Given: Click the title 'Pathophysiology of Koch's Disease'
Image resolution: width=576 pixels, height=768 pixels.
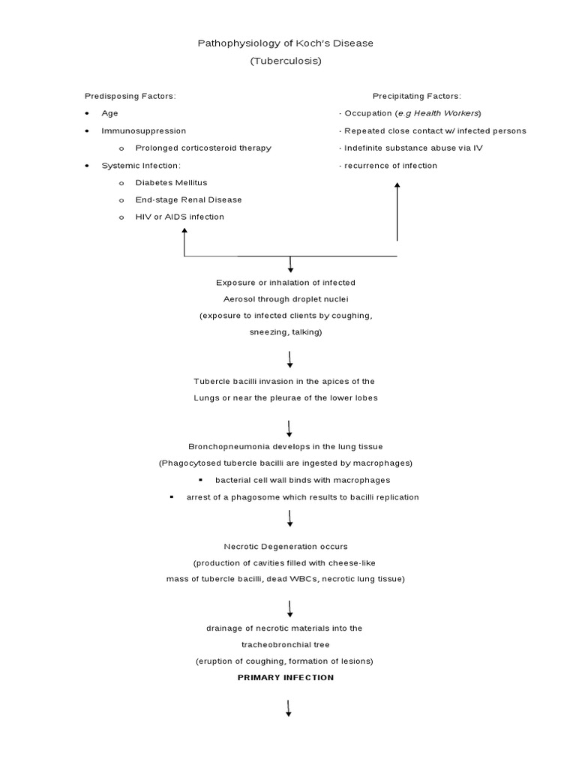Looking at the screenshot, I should pos(285,43).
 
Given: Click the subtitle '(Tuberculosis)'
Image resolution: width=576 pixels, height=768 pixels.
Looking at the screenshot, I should pos(286,61).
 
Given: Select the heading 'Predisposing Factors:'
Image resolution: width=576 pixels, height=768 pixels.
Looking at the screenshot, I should pos(130,96).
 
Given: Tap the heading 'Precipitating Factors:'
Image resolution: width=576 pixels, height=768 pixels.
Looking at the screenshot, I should pos(417,96).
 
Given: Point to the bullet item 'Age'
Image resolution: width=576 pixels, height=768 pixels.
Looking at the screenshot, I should pos(110,113).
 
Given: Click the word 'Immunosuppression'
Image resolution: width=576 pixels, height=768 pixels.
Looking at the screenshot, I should pos(144,130).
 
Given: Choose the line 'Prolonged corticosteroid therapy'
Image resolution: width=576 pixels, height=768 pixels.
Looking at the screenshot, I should pos(203,148).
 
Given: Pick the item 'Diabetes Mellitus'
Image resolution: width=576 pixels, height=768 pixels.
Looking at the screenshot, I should pos(171,182).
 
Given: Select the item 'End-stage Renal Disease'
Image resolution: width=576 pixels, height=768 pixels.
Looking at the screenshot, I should pos(188,199).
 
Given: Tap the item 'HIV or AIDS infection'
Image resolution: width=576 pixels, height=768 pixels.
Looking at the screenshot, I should pos(179,217).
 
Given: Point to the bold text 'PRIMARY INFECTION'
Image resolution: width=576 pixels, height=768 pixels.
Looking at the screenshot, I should pos(286,677).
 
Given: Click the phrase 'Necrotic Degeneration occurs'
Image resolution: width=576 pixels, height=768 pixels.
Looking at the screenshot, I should pos(286,547).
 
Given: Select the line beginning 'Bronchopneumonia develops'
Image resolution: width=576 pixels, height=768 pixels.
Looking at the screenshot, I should pos(286,446).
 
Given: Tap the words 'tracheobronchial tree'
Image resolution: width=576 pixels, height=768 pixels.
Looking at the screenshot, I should pos(286,644).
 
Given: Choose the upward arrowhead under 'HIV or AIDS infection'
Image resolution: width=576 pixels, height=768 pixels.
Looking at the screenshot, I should pos(184,232).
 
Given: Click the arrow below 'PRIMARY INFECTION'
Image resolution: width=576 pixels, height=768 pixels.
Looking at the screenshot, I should pos(289,708).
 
